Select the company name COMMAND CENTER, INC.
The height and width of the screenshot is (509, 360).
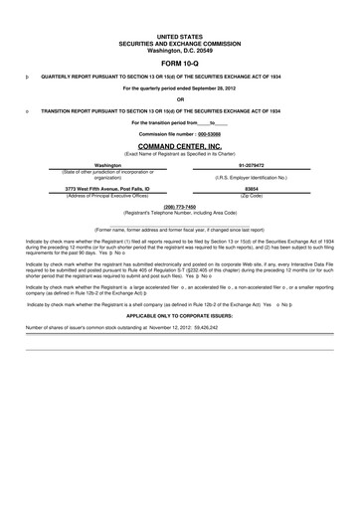click(x=180, y=145)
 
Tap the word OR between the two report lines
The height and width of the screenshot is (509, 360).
click(x=180, y=98)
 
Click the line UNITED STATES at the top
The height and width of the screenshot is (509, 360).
click(x=180, y=34)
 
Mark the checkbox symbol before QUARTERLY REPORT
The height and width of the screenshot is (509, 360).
click(x=27, y=74)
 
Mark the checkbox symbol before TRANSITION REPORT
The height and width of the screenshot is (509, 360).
click(x=27, y=109)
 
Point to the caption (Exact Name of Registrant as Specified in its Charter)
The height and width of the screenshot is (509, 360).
click(x=180, y=153)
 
